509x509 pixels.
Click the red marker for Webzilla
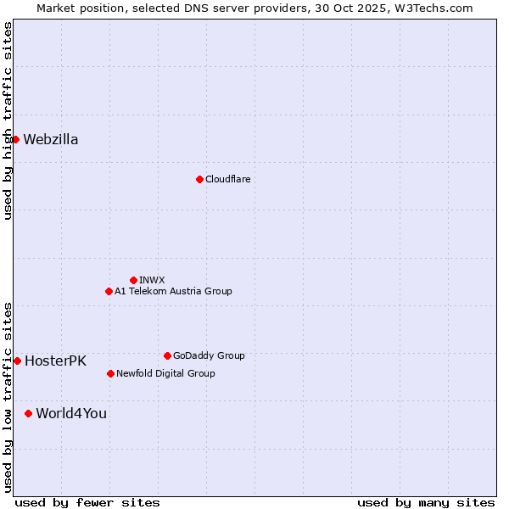(15, 139)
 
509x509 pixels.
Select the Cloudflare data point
(199, 179)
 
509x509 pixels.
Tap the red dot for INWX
(133, 280)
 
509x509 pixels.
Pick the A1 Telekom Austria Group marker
(109, 291)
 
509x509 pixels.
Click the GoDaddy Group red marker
(167, 355)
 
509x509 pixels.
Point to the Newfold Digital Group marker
(110, 373)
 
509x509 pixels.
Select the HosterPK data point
(17, 361)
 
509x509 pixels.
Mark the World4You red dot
(28, 413)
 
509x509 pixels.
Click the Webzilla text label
(51, 140)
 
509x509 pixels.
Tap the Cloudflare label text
(227, 179)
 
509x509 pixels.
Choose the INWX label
(152, 280)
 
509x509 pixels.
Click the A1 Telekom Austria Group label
(173, 291)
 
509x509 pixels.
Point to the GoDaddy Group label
(209, 355)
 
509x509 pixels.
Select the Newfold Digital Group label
(165, 373)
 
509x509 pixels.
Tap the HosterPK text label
(55, 361)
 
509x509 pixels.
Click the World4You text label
(71, 414)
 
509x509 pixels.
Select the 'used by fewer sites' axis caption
(87, 502)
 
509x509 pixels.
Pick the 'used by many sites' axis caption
(426, 502)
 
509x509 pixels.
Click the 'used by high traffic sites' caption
(8, 120)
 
